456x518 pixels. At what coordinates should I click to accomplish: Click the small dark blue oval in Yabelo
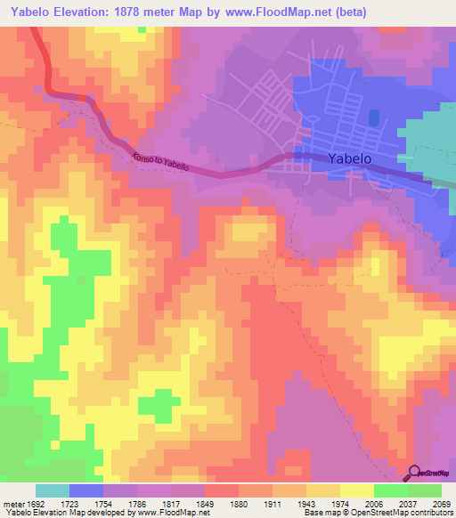pos(373,117)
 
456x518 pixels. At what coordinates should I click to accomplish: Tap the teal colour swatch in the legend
pos(52,490)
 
